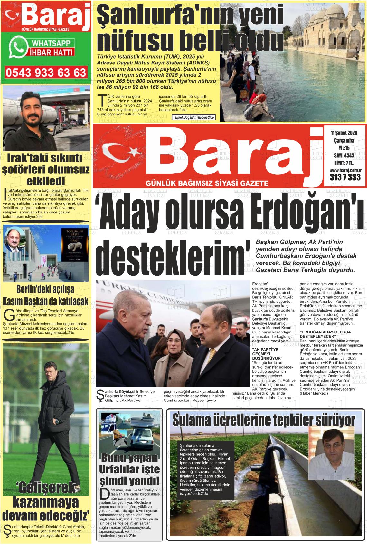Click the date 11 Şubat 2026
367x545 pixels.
click(344, 133)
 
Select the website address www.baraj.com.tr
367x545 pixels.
click(345, 170)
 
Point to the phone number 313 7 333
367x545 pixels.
click(345, 177)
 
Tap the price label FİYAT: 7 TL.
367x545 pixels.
click(344, 163)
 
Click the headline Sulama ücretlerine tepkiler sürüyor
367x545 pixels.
click(264, 421)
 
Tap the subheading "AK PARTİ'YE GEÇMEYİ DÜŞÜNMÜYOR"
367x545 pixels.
click(267, 354)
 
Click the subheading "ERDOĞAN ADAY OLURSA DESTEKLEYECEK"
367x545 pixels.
click(321, 334)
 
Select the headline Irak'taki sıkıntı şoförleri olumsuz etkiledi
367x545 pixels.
click(45, 169)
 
